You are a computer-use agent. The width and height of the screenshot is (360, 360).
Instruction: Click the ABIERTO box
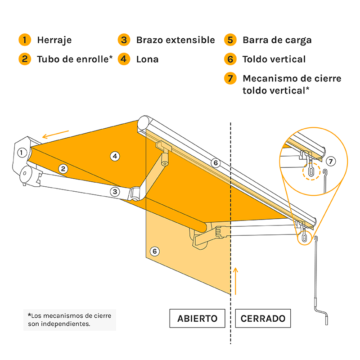[197, 319]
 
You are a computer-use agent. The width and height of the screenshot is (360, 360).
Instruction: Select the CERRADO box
[263, 319]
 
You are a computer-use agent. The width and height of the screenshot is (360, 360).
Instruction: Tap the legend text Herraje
[54, 40]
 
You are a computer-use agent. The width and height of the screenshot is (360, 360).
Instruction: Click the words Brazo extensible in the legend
[175, 40]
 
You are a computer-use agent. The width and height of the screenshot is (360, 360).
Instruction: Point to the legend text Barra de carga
[277, 40]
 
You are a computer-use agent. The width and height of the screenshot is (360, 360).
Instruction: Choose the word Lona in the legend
[147, 59]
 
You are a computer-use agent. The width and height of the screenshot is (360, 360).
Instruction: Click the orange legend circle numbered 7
[230, 78]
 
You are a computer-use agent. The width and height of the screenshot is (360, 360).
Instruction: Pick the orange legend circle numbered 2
[25, 59]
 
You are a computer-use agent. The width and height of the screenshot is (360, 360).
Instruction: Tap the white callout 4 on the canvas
[115, 156]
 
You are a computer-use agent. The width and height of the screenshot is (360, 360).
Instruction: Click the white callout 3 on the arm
[115, 192]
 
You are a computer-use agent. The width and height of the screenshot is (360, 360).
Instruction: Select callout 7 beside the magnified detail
[330, 161]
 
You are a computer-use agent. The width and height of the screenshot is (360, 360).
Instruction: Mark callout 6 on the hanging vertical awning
[154, 251]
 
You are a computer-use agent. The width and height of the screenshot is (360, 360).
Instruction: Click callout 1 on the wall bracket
[21, 153]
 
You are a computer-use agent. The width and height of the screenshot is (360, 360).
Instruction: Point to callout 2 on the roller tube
[63, 169]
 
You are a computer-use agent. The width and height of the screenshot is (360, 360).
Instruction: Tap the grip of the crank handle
[327, 317]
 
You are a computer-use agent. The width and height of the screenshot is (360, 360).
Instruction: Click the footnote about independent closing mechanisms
[69, 319]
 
